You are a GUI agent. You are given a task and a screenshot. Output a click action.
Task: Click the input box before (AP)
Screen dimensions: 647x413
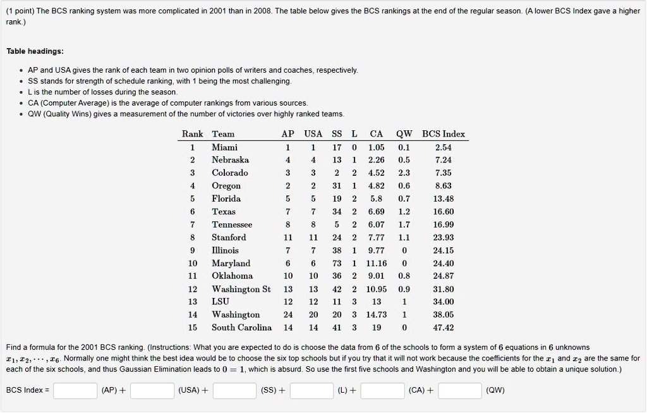pyautogui.click(x=75, y=391)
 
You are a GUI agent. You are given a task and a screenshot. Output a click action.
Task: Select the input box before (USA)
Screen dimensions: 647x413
pyautogui.click(x=152, y=391)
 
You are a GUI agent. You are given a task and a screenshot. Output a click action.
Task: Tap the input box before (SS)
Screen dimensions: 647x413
pyautogui.click(x=234, y=391)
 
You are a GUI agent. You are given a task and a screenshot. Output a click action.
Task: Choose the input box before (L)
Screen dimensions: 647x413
pyautogui.click(x=311, y=391)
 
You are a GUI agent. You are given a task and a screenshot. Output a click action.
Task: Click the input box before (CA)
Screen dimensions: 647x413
pyautogui.click(x=382, y=391)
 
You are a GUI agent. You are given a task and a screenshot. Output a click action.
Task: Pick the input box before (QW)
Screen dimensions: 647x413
pyautogui.click(x=459, y=391)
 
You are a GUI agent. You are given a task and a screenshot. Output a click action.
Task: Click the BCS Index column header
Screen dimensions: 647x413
pyautogui.click(x=444, y=133)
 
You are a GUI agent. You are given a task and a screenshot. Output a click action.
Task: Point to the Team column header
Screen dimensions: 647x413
pyautogui.click(x=223, y=133)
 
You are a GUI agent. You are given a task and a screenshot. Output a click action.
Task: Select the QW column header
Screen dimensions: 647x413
pyautogui.click(x=404, y=133)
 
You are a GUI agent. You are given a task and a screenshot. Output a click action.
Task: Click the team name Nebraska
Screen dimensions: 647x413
pyautogui.click(x=230, y=159)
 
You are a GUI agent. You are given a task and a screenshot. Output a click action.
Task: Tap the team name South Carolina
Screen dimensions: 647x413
pyautogui.click(x=241, y=327)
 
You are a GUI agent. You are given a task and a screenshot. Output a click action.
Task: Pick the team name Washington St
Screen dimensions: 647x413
pyautogui.click(x=241, y=288)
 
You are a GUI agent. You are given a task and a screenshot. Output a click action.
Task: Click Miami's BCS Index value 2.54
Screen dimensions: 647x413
pyautogui.click(x=444, y=147)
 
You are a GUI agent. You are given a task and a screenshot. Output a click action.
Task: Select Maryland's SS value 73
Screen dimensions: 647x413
pyautogui.click(x=337, y=262)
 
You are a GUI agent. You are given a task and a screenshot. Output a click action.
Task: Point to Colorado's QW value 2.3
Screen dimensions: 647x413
pyautogui.click(x=404, y=173)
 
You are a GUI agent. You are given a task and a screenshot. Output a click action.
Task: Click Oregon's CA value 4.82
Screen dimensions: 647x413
pyautogui.click(x=377, y=185)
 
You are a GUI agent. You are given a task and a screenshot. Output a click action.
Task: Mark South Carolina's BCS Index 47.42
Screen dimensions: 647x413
pyautogui.click(x=444, y=327)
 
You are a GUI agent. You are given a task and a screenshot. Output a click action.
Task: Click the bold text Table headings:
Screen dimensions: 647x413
pyautogui.click(x=35, y=51)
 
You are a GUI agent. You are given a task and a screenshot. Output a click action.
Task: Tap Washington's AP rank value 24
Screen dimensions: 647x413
pyautogui.click(x=288, y=314)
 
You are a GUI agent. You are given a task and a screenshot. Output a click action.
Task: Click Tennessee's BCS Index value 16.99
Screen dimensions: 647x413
pyautogui.click(x=444, y=224)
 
